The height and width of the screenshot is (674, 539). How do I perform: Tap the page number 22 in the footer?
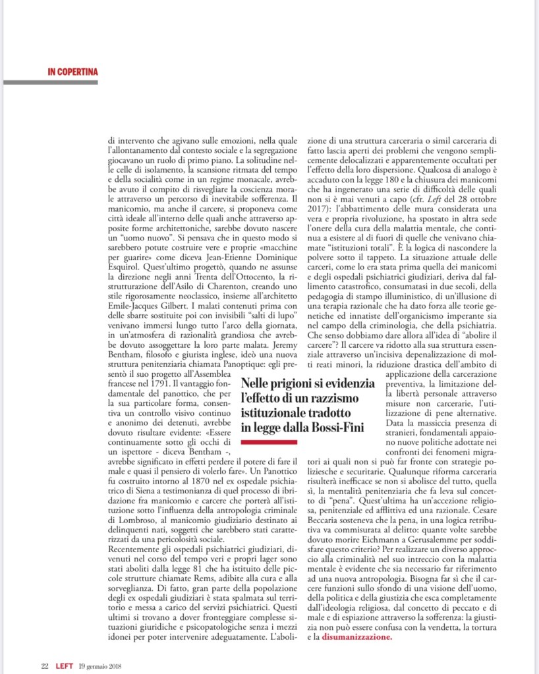pos(45,665)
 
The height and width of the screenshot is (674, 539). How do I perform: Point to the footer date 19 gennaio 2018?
pos(104,665)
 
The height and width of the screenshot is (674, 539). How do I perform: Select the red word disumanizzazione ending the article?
pos(356,637)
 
